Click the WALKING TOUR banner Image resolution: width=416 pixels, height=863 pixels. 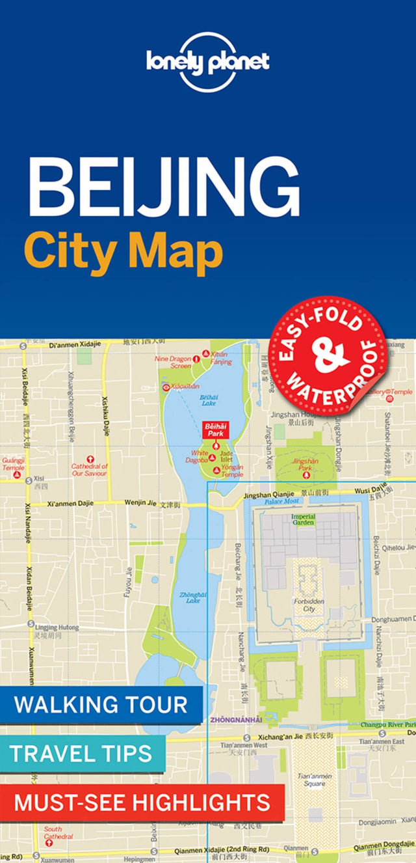tap(101, 704)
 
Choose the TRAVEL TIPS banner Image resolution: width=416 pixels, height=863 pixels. tap(81, 753)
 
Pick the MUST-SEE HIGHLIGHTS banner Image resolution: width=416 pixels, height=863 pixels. tap(142, 802)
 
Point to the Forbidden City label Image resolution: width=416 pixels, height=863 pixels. tap(304, 605)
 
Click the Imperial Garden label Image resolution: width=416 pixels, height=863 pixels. tap(303, 519)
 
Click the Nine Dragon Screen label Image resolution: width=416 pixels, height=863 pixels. tap(172, 362)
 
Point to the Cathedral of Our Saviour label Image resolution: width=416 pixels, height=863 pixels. tap(89, 469)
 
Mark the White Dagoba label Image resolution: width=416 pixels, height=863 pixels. tap(200, 456)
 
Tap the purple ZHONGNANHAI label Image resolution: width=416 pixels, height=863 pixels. tap(235, 719)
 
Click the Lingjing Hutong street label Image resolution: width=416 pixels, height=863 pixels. tap(57, 627)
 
